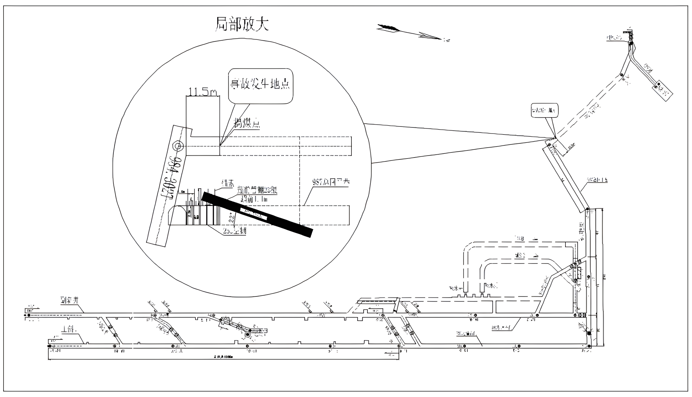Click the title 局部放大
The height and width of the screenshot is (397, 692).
(x=242, y=24)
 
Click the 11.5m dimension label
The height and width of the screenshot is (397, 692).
(x=202, y=92)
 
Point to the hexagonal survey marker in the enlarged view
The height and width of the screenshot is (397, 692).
(x=178, y=146)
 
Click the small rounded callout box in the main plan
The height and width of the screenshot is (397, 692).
(x=545, y=110)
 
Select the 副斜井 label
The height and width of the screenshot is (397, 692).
(x=69, y=300)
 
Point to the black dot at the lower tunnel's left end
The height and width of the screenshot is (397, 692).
(x=49, y=346)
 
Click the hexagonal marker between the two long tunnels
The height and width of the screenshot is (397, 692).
(x=247, y=335)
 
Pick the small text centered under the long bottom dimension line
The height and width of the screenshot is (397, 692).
(x=223, y=356)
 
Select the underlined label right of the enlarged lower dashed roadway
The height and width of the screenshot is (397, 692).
(x=330, y=182)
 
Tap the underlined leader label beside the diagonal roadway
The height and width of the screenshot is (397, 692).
(x=597, y=180)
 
